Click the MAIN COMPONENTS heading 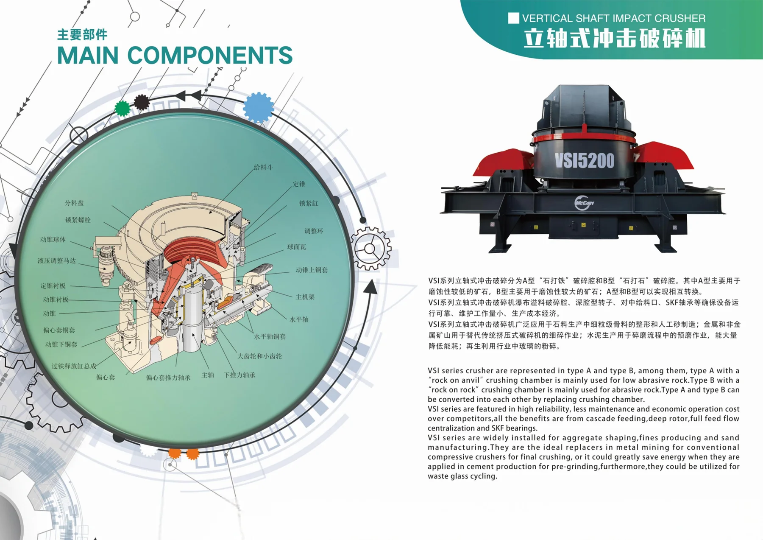[175, 55]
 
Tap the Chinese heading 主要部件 [82, 34]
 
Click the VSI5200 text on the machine [584, 161]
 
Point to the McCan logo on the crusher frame [584, 203]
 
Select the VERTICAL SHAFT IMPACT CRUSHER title [614, 18]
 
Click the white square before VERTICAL [513, 18]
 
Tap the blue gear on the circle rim [258, 107]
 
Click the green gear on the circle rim [123, 108]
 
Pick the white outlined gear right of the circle [370, 249]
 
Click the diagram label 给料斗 [263, 167]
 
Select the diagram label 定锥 [299, 184]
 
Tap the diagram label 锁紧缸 [309, 203]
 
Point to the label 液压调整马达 [57, 260]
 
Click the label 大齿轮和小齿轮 [259, 356]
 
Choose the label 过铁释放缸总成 [74, 366]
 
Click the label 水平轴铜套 [270, 336]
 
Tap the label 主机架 [305, 297]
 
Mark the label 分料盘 [74, 203]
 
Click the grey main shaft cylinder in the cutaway [192, 318]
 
